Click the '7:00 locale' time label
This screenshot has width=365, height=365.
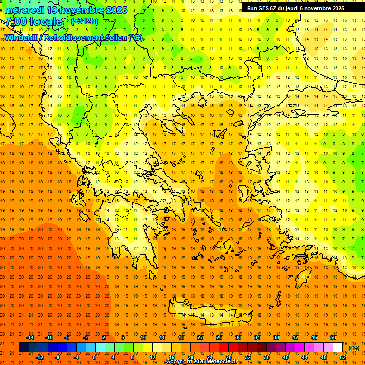pos(33,21)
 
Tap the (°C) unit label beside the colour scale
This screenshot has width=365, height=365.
pos(354,348)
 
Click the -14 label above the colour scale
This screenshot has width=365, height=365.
pos(30,337)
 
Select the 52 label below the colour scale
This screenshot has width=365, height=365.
pos(343,358)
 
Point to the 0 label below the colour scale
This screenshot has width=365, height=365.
pos(94,358)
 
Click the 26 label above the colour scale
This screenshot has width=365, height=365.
pos(219,337)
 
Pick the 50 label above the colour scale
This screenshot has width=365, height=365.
pos(333,337)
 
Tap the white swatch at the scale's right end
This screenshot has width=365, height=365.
pos(337,347)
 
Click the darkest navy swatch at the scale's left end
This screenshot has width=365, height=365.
pos(24,347)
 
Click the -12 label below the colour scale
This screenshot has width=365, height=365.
pos(39,358)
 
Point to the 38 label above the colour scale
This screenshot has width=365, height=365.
pos(276,337)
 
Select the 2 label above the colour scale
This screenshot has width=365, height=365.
pos(104,337)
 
